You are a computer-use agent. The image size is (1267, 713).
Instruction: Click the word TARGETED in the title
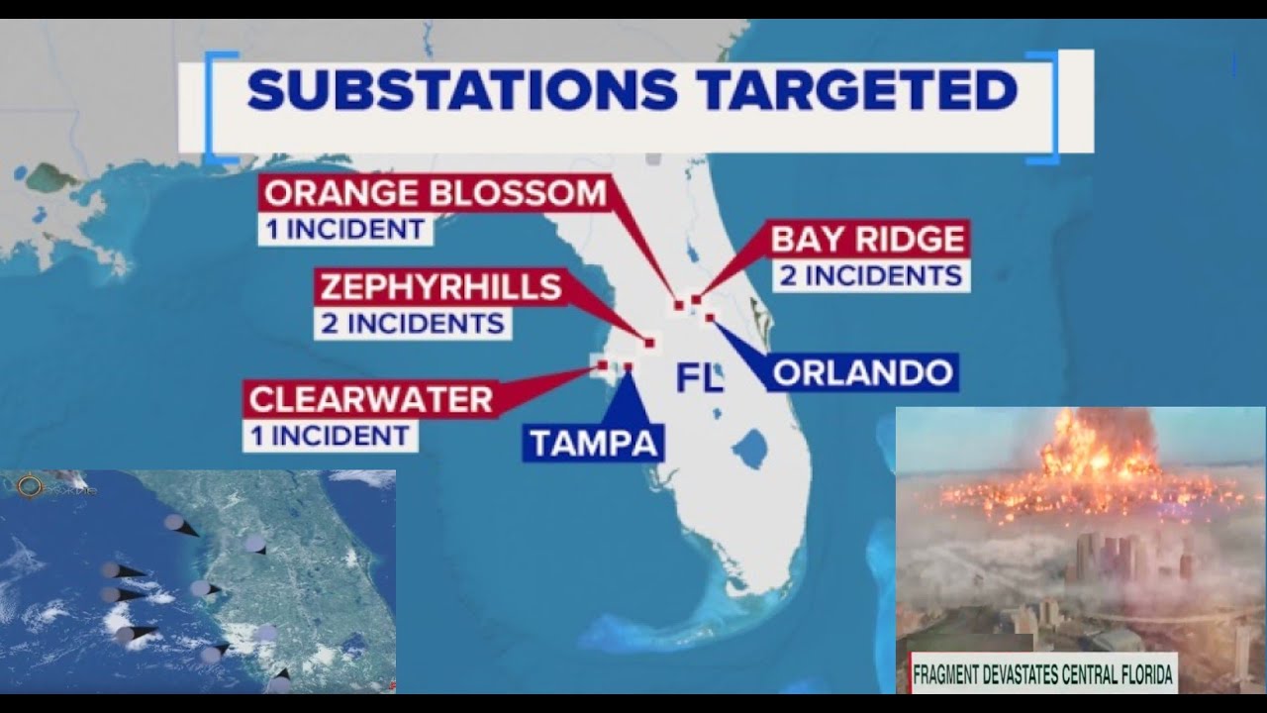[x=857, y=90]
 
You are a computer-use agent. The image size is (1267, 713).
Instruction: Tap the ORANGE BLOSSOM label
[x=435, y=192]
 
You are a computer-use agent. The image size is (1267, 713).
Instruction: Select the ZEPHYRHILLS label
[x=439, y=287]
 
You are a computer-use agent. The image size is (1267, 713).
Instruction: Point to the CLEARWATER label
[x=371, y=399]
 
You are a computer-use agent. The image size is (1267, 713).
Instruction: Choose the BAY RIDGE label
[x=867, y=240]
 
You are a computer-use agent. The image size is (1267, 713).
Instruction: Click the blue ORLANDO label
[x=862, y=372]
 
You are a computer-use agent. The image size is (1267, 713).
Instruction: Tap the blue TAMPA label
[x=593, y=443]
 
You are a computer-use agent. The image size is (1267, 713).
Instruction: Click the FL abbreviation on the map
[x=700, y=378]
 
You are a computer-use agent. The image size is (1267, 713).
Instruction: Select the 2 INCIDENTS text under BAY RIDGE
[x=871, y=275]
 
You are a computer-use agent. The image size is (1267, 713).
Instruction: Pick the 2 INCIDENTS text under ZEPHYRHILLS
[x=413, y=323]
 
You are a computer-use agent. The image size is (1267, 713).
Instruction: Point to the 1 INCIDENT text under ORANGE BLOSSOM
[x=344, y=229]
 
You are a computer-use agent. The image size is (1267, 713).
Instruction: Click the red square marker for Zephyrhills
[x=649, y=343]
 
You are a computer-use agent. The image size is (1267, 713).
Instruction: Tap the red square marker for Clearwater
[x=602, y=365]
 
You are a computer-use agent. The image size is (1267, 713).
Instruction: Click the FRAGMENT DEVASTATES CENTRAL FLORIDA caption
[x=1042, y=676]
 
